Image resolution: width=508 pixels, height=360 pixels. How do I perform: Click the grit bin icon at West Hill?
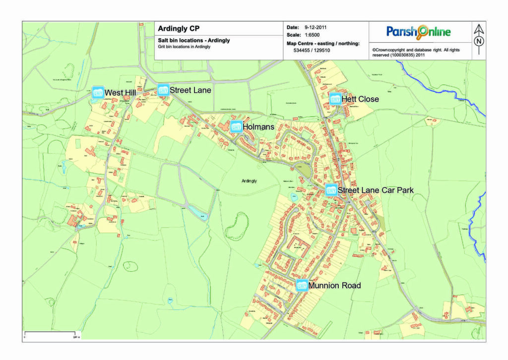(98, 92)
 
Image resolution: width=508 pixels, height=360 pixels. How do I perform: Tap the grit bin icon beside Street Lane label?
(163, 90)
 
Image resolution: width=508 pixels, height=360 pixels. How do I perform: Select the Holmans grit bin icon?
(236, 126)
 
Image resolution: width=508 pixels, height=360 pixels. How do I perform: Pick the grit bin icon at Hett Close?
(335, 99)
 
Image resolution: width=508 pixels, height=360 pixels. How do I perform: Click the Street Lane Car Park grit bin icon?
(331, 190)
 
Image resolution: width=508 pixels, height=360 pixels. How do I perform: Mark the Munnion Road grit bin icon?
(302, 285)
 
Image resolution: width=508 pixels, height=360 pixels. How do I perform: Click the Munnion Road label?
(334, 286)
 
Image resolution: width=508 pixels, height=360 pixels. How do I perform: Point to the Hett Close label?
(360, 99)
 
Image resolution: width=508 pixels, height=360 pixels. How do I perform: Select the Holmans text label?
(258, 127)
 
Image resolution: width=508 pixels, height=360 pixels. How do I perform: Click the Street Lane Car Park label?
(376, 190)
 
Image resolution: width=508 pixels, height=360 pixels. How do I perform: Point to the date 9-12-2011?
(316, 27)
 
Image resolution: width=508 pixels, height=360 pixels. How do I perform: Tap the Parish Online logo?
(419, 32)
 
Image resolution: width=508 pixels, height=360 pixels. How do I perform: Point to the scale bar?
(50, 332)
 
